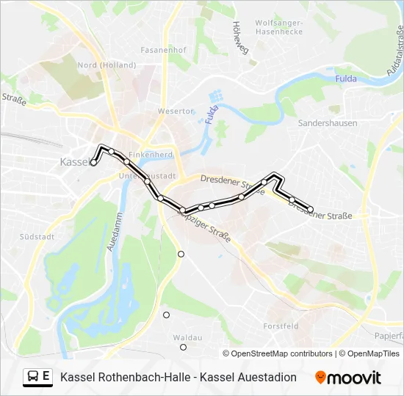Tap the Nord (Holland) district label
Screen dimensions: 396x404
107,65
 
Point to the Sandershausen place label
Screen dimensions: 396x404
328,123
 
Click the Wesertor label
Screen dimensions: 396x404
176,111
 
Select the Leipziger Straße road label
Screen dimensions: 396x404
205,228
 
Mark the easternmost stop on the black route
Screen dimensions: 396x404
310,210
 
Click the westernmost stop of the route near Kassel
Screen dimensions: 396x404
93,163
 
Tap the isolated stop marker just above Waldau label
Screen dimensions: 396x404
166,315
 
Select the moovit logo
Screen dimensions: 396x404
348,378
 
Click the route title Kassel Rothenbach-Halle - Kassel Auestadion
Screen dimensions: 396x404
178,378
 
